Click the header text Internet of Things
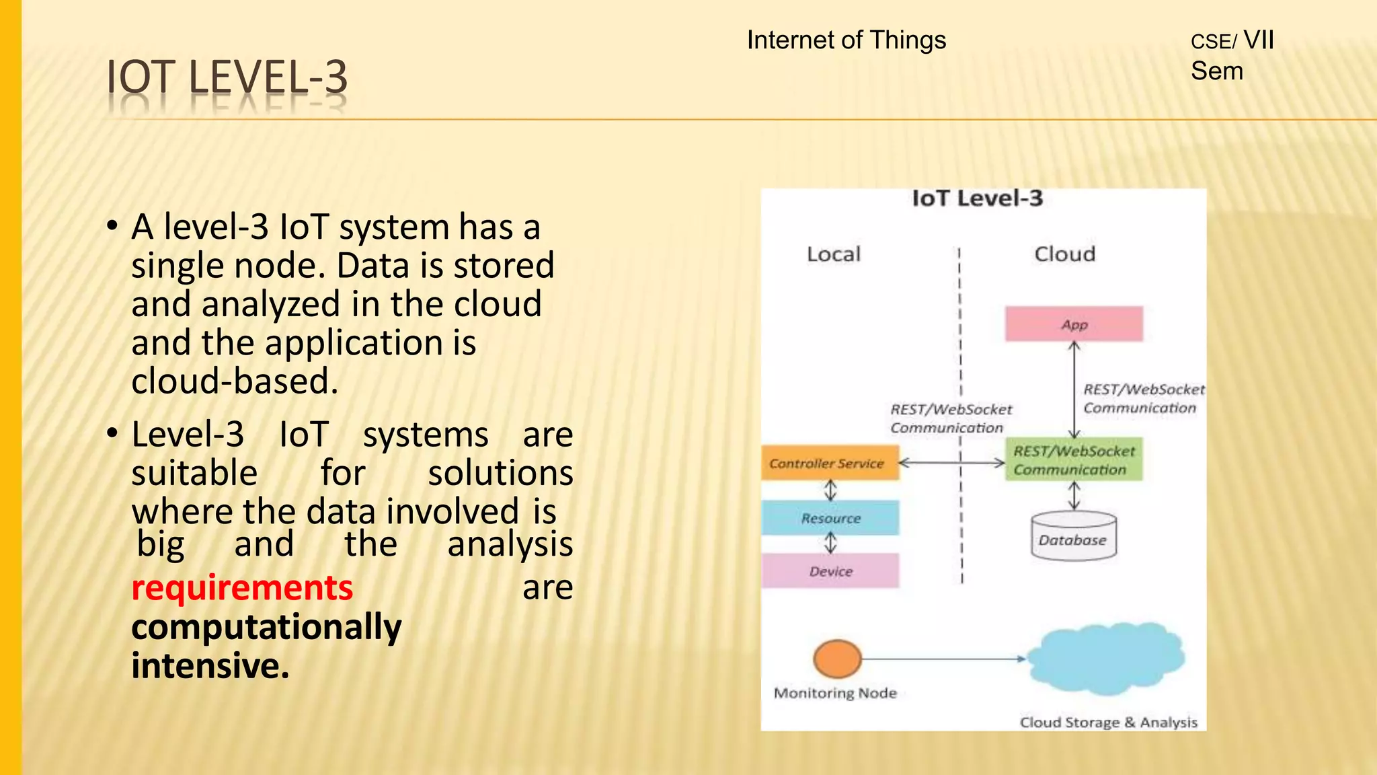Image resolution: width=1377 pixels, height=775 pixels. tap(846, 40)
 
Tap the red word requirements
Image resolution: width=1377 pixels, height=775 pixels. tap(242, 588)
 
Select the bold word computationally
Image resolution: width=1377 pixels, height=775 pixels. tap(266, 627)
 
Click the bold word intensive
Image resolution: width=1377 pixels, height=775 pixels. tap(210, 666)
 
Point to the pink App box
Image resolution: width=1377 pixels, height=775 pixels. tap(1074, 324)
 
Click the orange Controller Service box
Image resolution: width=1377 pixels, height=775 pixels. tap(830, 463)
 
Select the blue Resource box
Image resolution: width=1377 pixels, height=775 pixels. tap(830, 518)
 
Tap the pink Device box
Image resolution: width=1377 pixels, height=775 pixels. tap(830, 571)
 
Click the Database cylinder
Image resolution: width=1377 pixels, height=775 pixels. tap(1073, 537)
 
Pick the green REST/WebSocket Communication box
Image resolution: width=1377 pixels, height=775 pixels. tap(1074, 460)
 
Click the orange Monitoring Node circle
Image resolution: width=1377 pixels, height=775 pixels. tap(837, 659)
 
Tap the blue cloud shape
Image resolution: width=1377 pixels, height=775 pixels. tap(1105, 659)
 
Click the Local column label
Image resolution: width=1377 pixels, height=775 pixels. tap(833, 254)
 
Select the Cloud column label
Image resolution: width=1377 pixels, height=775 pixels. tap(1064, 254)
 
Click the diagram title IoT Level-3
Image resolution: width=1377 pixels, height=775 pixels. tap(977, 198)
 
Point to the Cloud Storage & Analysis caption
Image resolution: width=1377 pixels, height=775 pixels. tap(1108, 723)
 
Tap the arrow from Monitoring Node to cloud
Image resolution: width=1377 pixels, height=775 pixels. tap(941, 659)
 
